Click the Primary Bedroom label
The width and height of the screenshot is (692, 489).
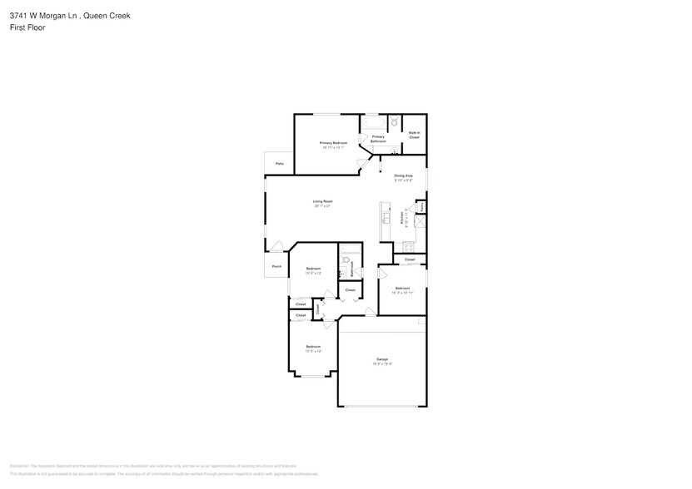click(x=333, y=143)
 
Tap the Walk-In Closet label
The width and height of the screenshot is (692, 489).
click(x=414, y=135)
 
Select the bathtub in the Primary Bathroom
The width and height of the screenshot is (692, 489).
click(x=372, y=123)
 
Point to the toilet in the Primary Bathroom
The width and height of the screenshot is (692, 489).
click(x=395, y=122)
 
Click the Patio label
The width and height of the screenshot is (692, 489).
click(x=279, y=164)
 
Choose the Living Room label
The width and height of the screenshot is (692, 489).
click(x=322, y=201)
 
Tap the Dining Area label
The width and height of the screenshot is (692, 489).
click(x=403, y=175)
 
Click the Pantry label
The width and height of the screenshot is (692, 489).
click(x=422, y=205)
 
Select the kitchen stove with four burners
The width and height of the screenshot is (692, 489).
click(x=409, y=246)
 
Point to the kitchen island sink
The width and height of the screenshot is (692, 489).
click(x=385, y=218)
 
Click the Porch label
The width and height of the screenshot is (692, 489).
click(x=276, y=266)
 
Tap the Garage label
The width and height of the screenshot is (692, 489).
click(x=381, y=359)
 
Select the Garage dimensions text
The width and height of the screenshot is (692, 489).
click(x=381, y=364)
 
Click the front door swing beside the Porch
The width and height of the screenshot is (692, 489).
click(x=276, y=246)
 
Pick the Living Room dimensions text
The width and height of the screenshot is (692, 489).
click(x=322, y=206)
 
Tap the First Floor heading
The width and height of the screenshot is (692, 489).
click(x=27, y=27)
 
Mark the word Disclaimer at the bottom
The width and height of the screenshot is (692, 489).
click(x=19, y=467)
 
